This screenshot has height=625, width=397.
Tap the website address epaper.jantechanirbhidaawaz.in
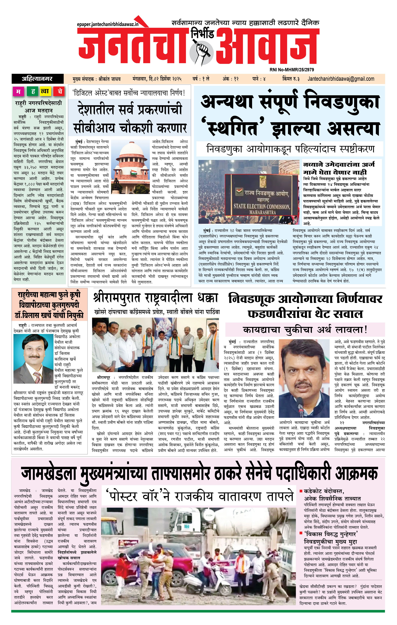pyautogui.click(x=108, y=24)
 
